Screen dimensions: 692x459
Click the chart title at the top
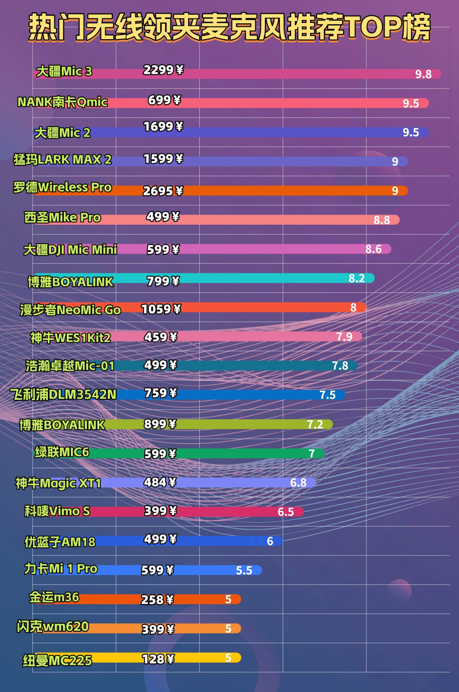[x=230, y=28]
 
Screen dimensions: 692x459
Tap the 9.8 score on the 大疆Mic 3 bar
[x=423, y=74]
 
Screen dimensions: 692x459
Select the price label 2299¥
[x=163, y=70]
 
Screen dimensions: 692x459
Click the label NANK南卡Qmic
[x=62, y=102]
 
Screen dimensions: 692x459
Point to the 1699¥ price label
[x=163, y=127]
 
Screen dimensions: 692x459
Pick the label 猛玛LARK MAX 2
[x=62, y=159]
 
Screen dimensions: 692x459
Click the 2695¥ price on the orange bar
[x=163, y=191]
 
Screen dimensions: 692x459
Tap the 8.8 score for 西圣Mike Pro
[x=381, y=220]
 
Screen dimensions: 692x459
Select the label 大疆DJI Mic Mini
[x=70, y=250]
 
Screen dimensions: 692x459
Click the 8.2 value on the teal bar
[x=356, y=278]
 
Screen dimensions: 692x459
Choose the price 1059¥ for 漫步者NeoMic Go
[x=161, y=309]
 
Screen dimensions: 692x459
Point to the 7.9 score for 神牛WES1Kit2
[x=344, y=337]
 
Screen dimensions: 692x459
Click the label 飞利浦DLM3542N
[x=63, y=394]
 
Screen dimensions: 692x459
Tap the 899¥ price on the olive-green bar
[x=160, y=424]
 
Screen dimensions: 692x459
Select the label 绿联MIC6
[x=62, y=452]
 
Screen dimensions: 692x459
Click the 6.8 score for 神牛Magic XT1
[x=298, y=483]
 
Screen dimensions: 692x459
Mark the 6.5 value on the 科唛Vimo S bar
[x=285, y=512]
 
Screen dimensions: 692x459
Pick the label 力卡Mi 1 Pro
[x=61, y=568]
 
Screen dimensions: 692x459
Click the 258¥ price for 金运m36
[x=157, y=600]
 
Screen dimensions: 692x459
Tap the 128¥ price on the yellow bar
[x=158, y=659]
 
